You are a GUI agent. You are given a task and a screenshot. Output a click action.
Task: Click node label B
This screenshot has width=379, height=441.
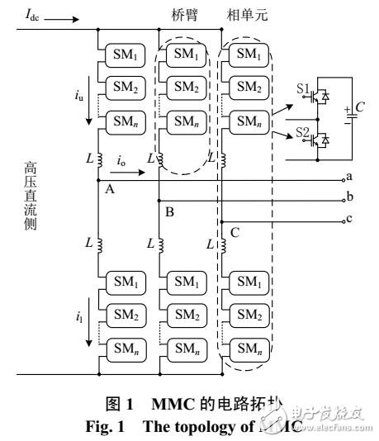tap(169, 211)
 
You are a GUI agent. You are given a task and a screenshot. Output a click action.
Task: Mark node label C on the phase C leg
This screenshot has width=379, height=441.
tap(235, 233)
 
